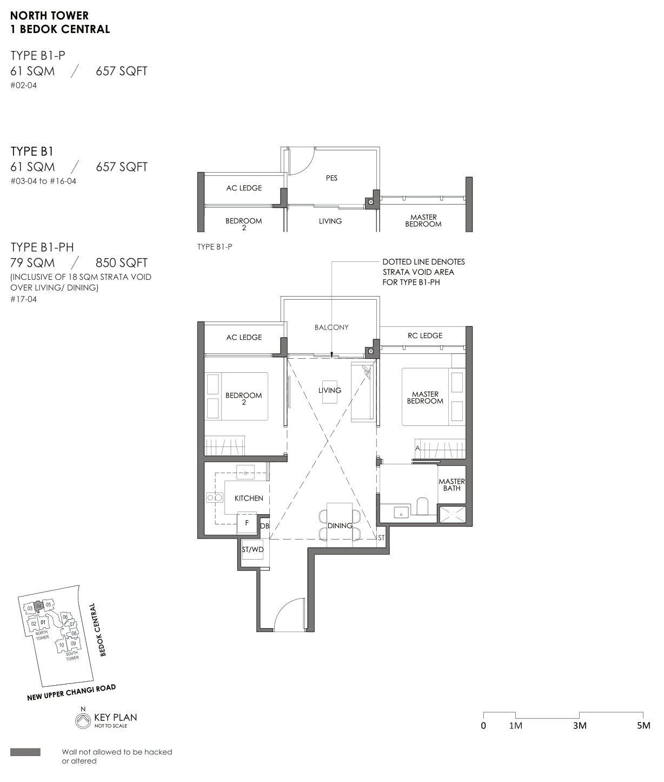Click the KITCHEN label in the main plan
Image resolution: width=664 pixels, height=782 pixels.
[x=249, y=498]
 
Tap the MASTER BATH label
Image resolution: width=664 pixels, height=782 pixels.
[x=451, y=485]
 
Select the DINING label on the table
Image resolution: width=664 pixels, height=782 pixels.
[x=340, y=525]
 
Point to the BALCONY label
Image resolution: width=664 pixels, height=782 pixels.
[x=331, y=327]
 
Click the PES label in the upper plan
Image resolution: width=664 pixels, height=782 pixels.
[x=331, y=178]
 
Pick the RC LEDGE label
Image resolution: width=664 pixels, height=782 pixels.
[x=425, y=336]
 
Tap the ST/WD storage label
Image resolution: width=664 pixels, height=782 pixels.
[x=253, y=549]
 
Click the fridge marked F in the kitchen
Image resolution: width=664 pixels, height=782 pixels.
[x=247, y=523]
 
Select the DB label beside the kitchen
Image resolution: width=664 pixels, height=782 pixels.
[x=264, y=526]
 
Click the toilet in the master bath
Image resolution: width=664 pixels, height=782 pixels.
[x=422, y=506]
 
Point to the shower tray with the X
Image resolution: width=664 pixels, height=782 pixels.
[x=452, y=514]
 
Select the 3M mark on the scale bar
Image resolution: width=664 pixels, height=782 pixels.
[x=579, y=725]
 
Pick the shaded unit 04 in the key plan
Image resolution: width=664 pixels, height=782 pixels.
[x=38, y=606]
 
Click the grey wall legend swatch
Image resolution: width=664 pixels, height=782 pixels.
[x=25, y=752]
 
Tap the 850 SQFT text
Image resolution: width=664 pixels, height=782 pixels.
[x=121, y=262]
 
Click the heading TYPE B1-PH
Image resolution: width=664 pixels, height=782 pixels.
[x=42, y=247]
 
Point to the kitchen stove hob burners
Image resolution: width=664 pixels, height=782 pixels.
[x=214, y=498]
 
